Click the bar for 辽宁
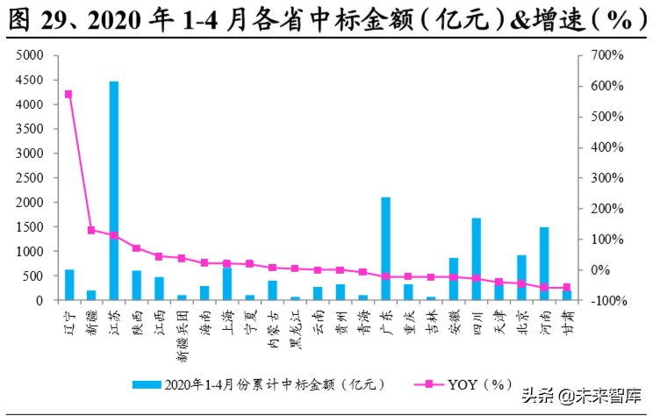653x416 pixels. pos(69,284)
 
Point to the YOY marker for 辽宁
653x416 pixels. pos(68,94)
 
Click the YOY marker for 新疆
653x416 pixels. pos(91,230)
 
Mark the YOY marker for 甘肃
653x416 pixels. pos(567,287)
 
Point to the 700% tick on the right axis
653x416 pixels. pos(606,55)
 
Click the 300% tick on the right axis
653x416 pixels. pos(606,177)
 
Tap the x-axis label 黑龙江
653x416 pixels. pos(295,332)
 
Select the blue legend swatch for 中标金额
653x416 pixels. pos(147,384)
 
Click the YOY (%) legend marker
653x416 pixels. pos(428,384)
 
